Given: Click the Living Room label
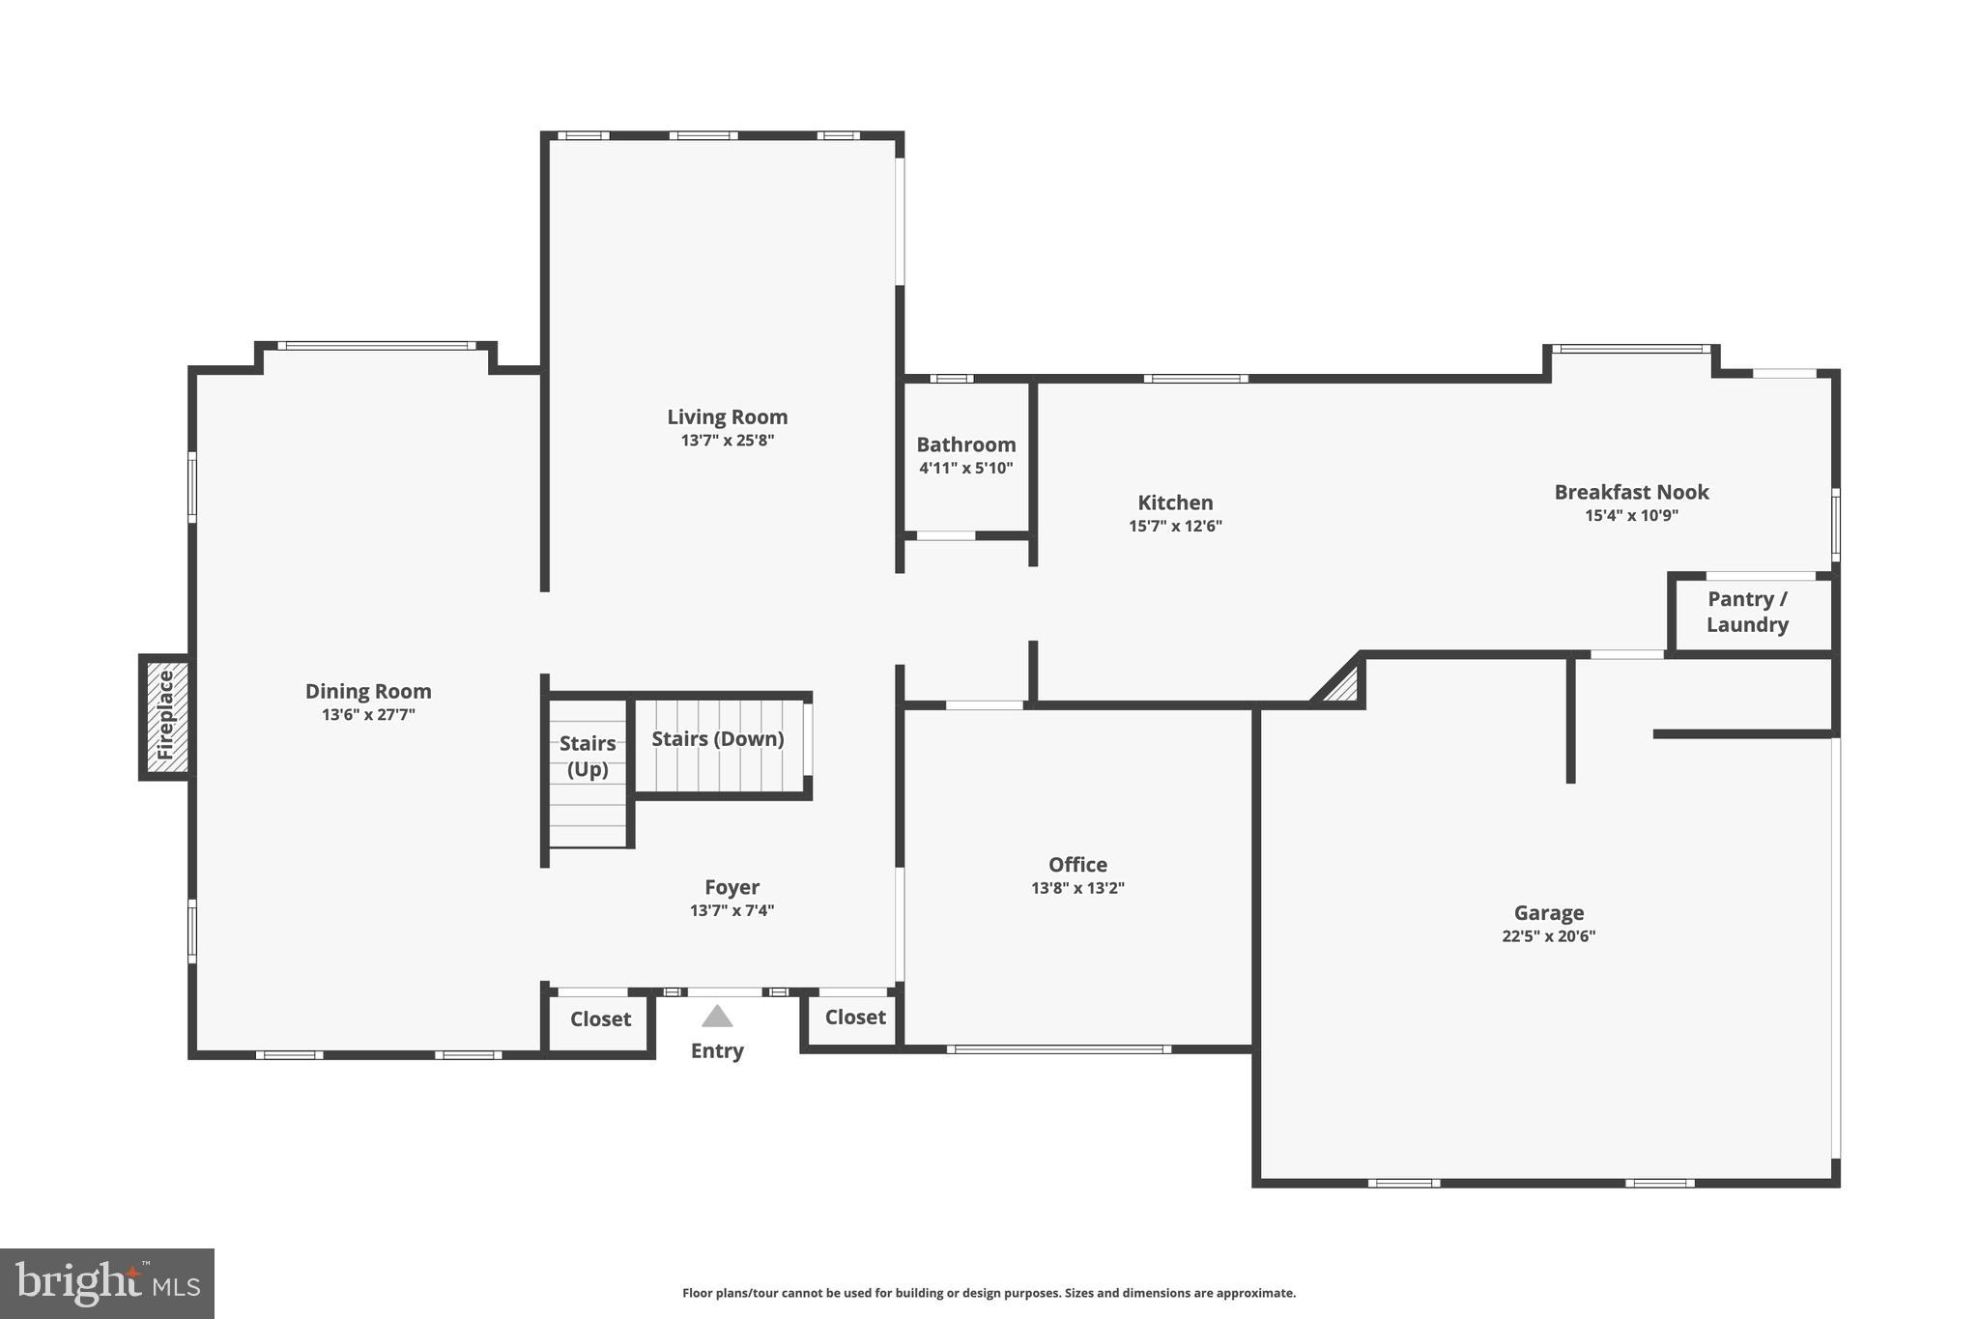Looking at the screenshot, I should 727,416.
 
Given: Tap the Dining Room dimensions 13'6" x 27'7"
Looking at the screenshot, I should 368,715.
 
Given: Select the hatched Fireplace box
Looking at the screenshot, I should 165,717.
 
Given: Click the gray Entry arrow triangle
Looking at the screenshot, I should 717,1017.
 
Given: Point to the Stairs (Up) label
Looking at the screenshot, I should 588,756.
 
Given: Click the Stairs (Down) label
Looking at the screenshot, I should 717,739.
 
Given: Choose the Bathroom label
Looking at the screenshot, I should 965,444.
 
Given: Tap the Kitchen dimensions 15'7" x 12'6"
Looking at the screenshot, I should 1175,527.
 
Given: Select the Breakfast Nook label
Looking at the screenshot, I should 1631,492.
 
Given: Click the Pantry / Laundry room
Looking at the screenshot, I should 1747,613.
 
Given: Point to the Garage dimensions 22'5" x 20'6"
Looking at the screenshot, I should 1548,936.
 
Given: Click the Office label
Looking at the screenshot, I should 1077,865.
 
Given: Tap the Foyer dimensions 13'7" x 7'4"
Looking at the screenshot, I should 731,910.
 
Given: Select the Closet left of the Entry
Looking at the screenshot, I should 600,1019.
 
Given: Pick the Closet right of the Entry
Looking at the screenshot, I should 855,1018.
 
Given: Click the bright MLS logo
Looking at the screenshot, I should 107,1283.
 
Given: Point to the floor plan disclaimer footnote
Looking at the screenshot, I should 989,1293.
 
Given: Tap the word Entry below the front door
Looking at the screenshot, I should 717,1051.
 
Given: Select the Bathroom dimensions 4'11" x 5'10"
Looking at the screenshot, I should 965,469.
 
